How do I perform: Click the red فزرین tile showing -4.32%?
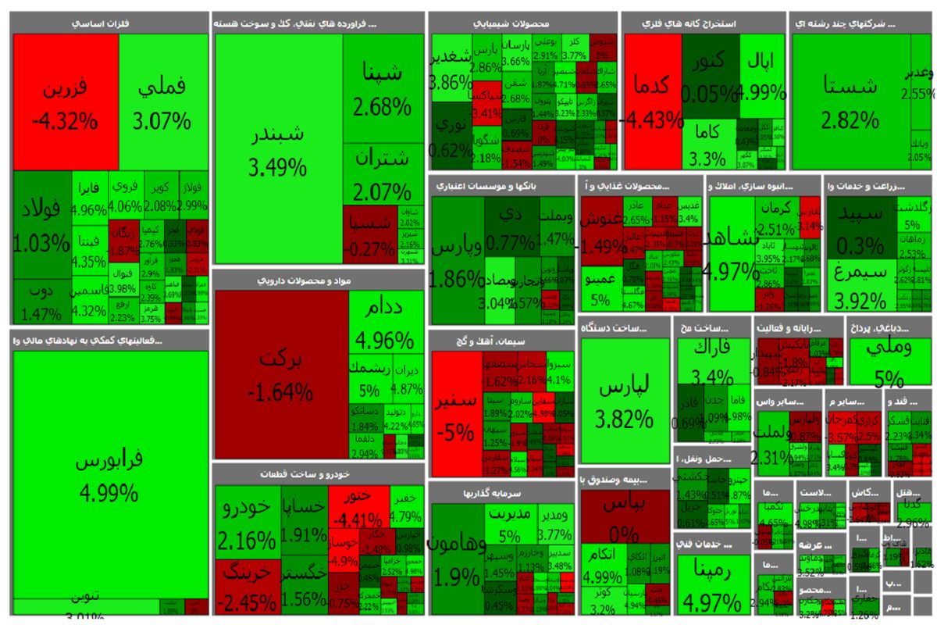tap(66, 102)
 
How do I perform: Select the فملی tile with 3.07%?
tap(163, 102)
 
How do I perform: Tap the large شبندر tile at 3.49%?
tap(278, 148)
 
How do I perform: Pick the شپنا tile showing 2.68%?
tap(383, 87)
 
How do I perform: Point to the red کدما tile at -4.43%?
tap(652, 102)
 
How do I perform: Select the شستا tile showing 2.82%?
tap(850, 102)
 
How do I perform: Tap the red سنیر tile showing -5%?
tap(455, 414)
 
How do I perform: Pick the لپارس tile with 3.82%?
tap(625, 402)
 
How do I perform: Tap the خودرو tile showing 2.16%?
tap(246, 523)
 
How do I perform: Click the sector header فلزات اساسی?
tap(109, 24)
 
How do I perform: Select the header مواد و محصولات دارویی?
tap(318, 280)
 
